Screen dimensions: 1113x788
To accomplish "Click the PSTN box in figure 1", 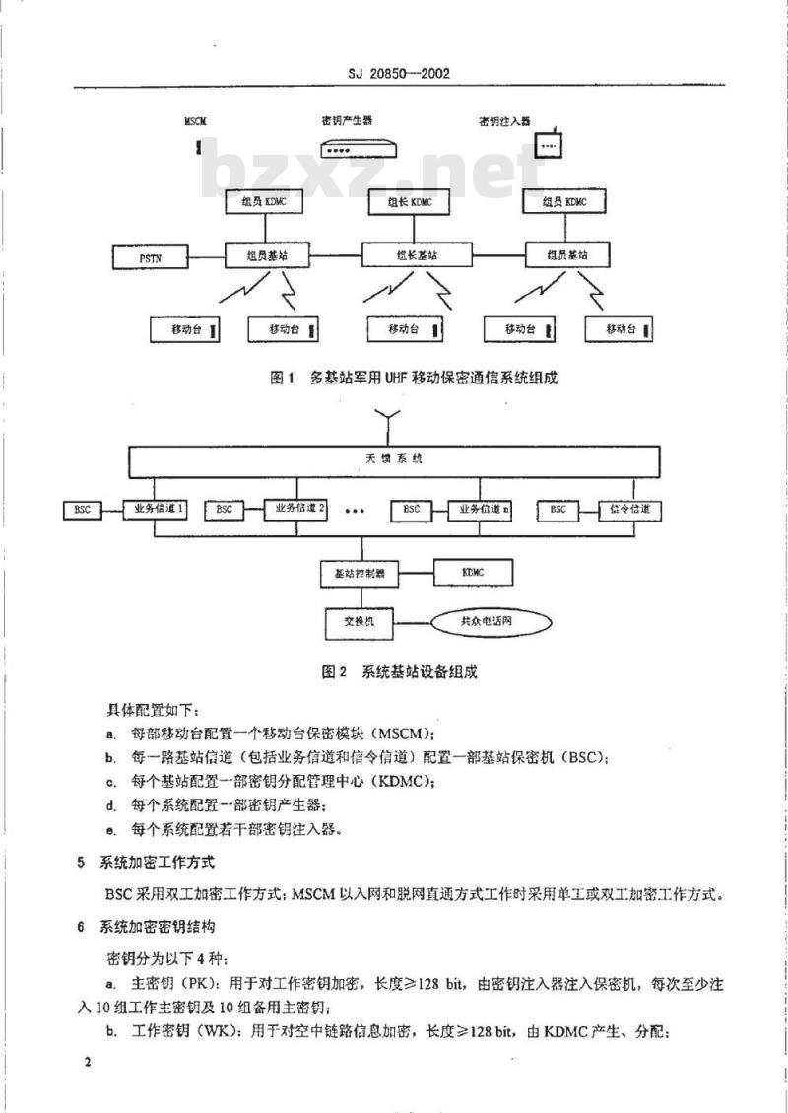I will (x=151, y=258).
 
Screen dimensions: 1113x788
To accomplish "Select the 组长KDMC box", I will (x=402, y=204).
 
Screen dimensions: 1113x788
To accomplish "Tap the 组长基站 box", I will (x=418, y=254).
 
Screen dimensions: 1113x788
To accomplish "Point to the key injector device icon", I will (x=548, y=146).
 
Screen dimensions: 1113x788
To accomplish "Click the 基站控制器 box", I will (x=359, y=572).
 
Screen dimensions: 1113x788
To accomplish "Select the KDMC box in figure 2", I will (x=474, y=572).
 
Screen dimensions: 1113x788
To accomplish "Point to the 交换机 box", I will (x=359, y=622).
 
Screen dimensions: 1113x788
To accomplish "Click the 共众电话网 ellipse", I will (x=487, y=622).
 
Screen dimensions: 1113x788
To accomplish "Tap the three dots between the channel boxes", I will (x=356, y=513).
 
